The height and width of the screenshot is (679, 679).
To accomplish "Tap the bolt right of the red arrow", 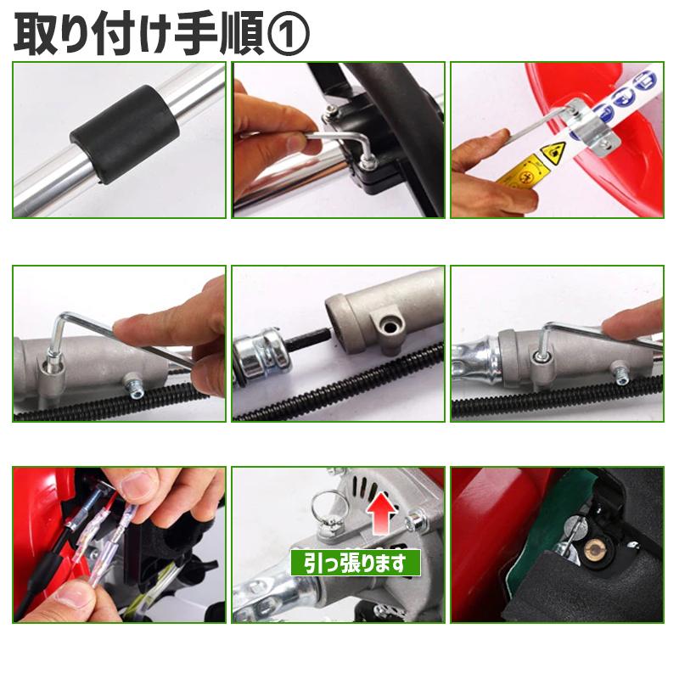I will pyautogui.click(x=417, y=519).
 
